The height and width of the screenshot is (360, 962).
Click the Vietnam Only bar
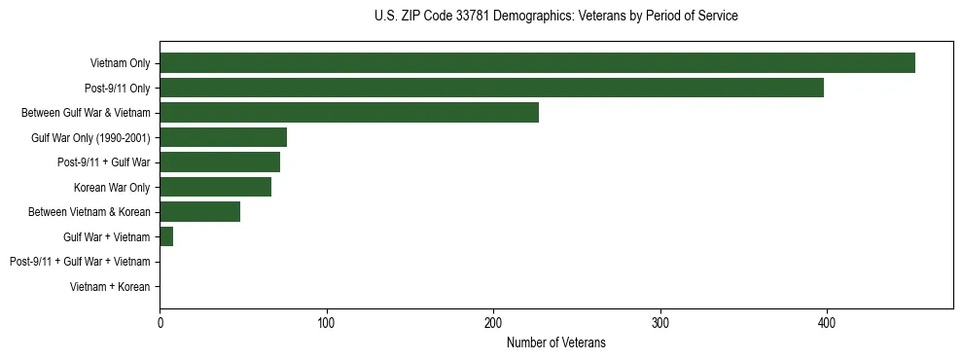click(537, 63)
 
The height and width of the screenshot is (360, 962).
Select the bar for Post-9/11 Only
click(491, 88)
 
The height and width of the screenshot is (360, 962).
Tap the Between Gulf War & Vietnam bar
click(349, 113)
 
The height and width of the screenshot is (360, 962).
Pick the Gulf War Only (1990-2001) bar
click(223, 137)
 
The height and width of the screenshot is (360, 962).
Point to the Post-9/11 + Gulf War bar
click(220, 162)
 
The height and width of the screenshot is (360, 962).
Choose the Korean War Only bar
click(215, 187)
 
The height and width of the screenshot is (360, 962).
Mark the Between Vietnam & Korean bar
click(199, 212)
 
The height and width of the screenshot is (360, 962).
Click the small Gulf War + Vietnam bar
click(166, 236)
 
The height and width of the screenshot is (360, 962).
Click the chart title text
click(555, 16)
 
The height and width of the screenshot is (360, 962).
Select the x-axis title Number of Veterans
click(555, 342)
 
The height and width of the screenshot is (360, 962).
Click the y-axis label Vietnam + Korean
click(110, 287)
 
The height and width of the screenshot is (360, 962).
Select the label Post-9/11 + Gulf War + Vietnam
click(80, 262)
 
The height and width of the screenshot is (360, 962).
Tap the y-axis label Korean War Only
click(112, 188)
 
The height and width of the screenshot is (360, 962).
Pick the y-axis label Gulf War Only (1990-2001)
click(90, 138)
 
